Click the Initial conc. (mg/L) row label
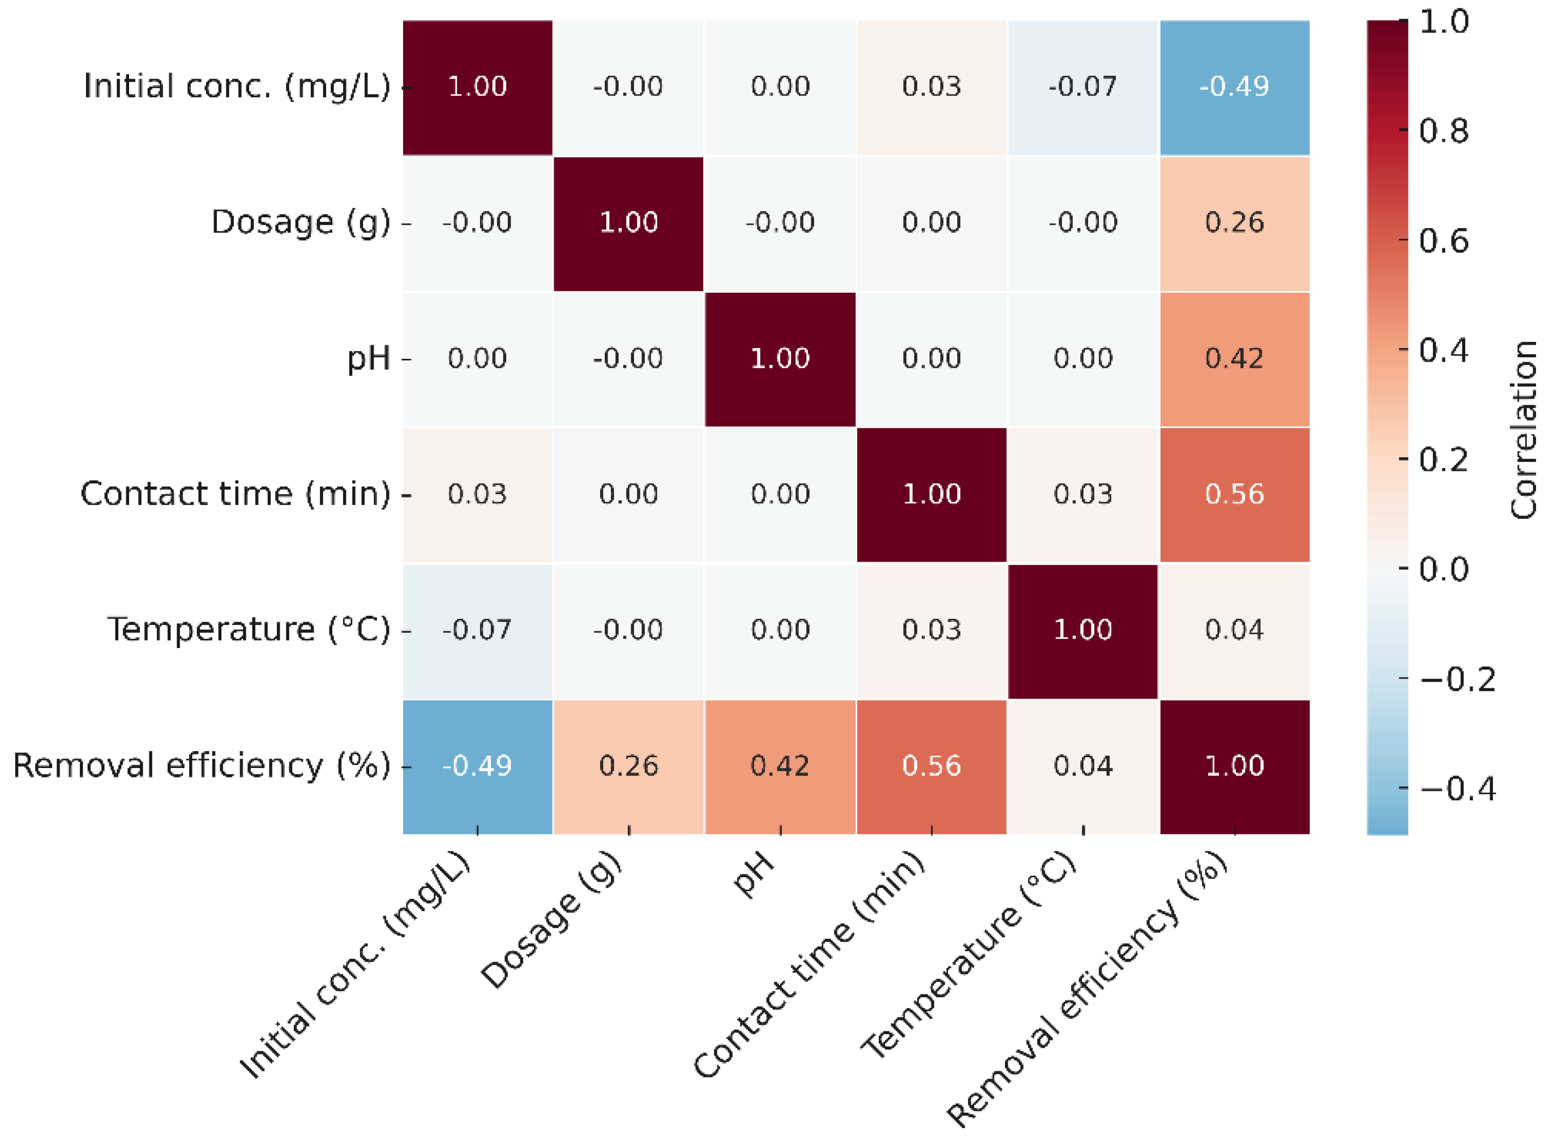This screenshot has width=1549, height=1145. coord(237,87)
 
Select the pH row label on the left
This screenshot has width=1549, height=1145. coord(368,359)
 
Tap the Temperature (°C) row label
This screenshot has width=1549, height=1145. coord(248,630)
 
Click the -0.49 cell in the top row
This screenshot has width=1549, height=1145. coord(1234,87)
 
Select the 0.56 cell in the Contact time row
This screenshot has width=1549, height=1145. coord(1234,495)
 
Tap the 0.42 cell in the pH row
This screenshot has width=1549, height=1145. coord(1234,359)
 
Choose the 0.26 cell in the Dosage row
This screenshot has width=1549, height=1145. coord(1234,223)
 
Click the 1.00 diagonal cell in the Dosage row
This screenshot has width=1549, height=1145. coord(628,223)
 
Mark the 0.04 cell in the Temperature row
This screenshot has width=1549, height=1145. coord(1234,630)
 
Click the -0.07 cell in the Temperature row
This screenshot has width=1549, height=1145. coord(477,630)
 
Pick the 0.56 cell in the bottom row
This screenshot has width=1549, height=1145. coord(931,766)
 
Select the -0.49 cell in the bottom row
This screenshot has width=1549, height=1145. coord(477,766)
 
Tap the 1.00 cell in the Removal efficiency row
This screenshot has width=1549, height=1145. coord(1234,766)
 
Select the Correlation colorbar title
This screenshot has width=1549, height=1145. coord(1524,430)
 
